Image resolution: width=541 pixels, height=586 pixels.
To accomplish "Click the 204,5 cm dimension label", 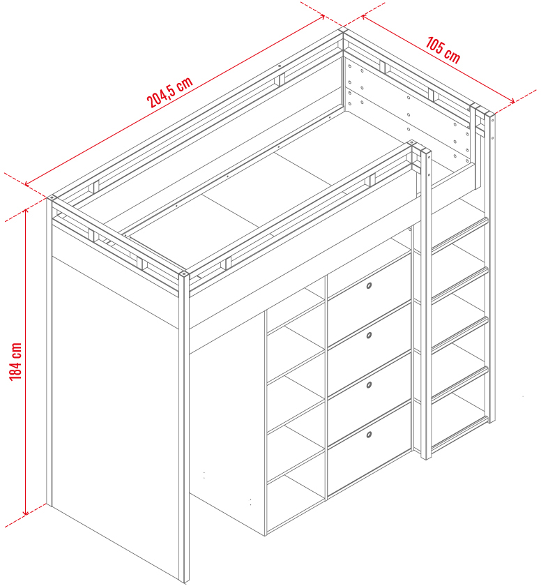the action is (170, 92).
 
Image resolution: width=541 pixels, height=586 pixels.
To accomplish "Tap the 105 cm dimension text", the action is (443, 50).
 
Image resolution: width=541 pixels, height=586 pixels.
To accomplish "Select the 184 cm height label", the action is (15, 361).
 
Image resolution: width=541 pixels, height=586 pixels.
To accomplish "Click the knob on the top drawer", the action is (369, 286).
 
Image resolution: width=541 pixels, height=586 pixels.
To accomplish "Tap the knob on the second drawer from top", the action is (369, 336).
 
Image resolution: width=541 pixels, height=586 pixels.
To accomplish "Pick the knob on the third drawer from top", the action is (369, 385).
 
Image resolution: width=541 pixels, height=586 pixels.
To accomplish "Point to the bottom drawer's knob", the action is (369, 435).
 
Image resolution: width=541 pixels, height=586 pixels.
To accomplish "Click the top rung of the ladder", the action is (459, 234).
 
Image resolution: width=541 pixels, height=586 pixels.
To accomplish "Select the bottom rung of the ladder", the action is (459, 433).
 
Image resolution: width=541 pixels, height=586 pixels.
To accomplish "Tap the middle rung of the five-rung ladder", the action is (459, 333).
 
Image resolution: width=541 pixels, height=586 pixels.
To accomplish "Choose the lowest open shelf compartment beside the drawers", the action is (296, 503).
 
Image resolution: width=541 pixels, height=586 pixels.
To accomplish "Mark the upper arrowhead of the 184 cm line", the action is (26, 211).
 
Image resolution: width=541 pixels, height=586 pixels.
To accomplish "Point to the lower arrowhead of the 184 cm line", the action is (26, 512).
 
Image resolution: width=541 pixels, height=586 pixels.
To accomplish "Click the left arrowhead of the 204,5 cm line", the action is (27, 183).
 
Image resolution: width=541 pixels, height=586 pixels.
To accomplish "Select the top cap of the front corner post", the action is (183, 274).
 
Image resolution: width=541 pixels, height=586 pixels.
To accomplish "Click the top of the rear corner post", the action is (343, 30).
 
